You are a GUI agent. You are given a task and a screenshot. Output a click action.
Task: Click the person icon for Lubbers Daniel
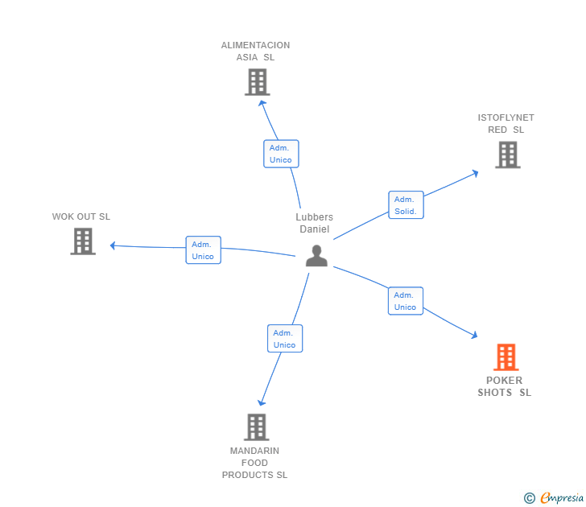click(316, 256)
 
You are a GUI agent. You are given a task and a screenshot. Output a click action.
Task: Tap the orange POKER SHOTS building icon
click(506, 357)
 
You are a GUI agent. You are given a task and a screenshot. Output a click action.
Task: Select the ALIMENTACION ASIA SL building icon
click(258, 82)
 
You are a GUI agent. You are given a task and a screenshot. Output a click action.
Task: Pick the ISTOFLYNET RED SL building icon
click(508, 155)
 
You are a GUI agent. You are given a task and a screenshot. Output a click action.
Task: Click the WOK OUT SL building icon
click(83, 241)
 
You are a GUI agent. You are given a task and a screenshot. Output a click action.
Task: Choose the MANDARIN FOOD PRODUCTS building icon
click(257, 427)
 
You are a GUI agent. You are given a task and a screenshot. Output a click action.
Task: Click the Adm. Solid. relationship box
click(406, 204)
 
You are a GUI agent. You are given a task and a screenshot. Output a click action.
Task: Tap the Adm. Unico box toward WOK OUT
click(204, 250)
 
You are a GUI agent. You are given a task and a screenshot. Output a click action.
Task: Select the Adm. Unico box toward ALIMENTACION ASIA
click(281, 154)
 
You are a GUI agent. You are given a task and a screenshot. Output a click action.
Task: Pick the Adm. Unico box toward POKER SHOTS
click(406, 301)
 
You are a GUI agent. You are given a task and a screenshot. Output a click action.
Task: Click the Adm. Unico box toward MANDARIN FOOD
click(285, 339)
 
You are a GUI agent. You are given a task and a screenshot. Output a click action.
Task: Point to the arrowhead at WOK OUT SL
click(113, 245)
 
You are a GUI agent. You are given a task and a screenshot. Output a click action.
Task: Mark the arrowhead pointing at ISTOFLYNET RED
click(476, 173)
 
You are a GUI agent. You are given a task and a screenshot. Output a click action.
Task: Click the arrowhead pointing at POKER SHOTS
click(475, 335)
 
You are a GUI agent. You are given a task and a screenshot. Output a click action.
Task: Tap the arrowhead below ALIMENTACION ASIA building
click(262, 103)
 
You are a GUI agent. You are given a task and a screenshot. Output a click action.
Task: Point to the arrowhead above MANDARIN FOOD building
click(262, 402)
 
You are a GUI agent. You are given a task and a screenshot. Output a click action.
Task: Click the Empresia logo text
click(562, 497)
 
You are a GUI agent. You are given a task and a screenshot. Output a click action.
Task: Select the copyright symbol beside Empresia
click(530, 498)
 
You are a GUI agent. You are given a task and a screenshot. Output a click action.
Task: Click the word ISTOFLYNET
click(506, 117)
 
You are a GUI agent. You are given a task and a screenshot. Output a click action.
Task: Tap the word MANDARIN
click(254, 451)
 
